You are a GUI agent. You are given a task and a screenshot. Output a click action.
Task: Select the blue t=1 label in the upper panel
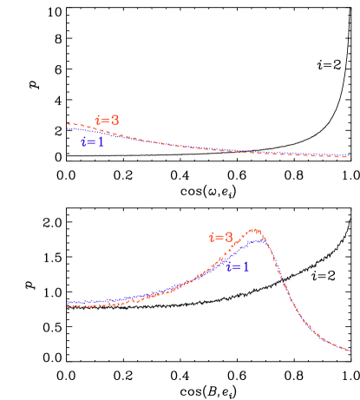tap(92, 141)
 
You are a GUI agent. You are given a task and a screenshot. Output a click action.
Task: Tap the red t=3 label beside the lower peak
tap(220, 236)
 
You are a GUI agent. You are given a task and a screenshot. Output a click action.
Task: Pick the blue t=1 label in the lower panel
tap(238, 267)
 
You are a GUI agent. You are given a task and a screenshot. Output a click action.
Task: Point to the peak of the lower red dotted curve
tap(255, 230)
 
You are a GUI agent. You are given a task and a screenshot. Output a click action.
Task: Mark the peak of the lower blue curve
tap(259, 239)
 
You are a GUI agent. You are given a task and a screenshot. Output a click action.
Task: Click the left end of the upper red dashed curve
tap(68, 124)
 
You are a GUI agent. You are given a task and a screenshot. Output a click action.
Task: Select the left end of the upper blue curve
tap(68, 128)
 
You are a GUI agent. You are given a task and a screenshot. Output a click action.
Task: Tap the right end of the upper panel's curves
tap(350, 157)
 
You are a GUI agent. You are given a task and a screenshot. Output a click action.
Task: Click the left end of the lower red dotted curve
tap(68, 306)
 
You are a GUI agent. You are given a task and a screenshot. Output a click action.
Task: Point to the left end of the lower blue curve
tap(68, 302)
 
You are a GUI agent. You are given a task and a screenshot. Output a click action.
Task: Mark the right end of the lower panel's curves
tap(350, 351)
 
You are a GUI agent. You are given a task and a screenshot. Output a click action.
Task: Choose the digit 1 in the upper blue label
tap(101, 141)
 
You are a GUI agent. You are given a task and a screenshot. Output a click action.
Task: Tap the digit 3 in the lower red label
tap(229, 236)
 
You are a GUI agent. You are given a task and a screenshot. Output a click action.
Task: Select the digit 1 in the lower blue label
tap(246, 267)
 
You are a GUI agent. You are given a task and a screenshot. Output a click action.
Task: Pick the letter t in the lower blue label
tap(229, 267)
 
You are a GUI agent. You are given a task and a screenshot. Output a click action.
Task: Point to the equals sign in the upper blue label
tap(91, 142)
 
